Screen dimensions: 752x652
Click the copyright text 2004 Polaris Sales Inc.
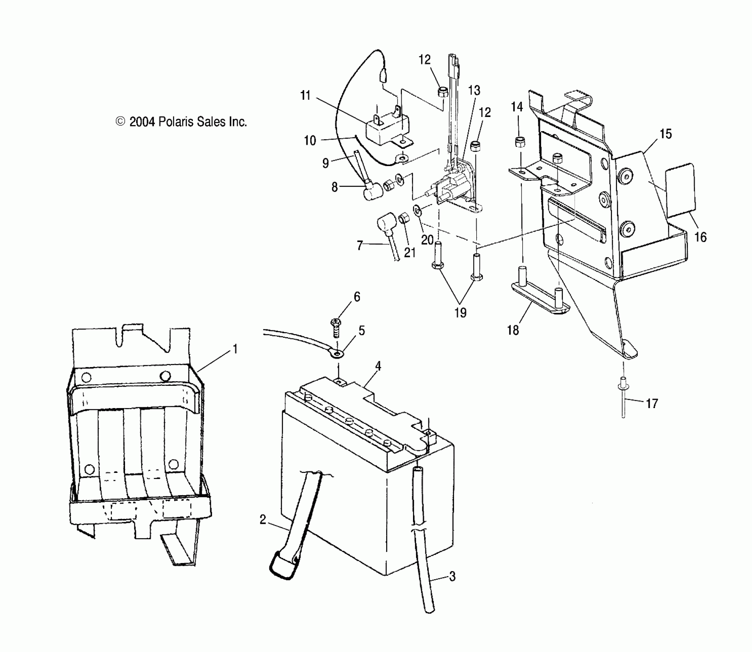tap(181, 122)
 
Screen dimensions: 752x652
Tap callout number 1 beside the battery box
tap(235, 349)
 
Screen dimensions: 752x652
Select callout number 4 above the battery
tap(378, 366)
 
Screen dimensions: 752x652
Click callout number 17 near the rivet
tap(652, 403)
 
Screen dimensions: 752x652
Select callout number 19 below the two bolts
tap(460, 313)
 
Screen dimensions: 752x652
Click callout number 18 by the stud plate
tap(513, 330)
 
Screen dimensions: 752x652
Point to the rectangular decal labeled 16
tap(680, 189)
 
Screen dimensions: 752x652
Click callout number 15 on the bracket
tap(665, 134)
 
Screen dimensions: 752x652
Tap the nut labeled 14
tap(520, 142)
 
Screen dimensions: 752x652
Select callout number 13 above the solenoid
tap(474, 91)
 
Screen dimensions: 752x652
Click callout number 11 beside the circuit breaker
tap(305, 95)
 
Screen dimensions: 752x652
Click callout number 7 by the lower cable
tap(359, 245)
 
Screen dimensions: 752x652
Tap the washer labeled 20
tap(416, 210)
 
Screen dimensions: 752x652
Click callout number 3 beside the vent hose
tap(452, 576)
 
